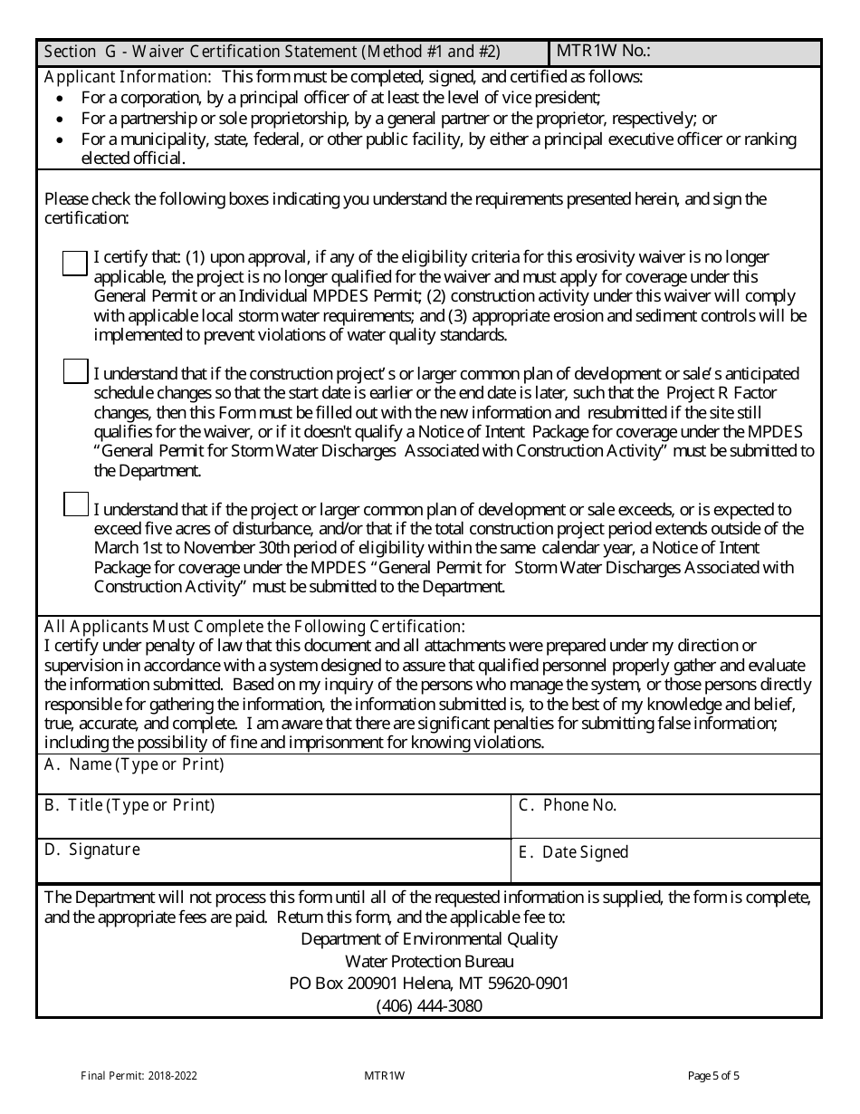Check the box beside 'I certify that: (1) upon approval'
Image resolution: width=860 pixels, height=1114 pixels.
(x=75, y=263)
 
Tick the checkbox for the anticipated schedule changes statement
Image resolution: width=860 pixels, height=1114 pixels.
(x=75, y=371)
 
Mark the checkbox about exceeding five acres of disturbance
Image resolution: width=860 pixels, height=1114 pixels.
(x=75, y=504)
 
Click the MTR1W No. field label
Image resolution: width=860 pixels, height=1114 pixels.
(x=603, y=52)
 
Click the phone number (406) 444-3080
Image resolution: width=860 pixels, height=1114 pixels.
(x=429, y=1006)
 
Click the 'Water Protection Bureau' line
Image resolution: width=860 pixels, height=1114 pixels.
(x=429, y=961)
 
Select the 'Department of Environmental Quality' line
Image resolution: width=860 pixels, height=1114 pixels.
(x=429, y=938)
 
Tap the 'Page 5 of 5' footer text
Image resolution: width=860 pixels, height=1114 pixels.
(x=713, y=1076)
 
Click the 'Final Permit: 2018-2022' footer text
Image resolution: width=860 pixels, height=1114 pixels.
(x=139, y=1076)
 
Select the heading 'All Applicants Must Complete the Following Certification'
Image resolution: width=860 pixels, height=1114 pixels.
(x=254, y=626)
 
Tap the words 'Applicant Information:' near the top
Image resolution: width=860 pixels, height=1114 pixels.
(x=128, y=77)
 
